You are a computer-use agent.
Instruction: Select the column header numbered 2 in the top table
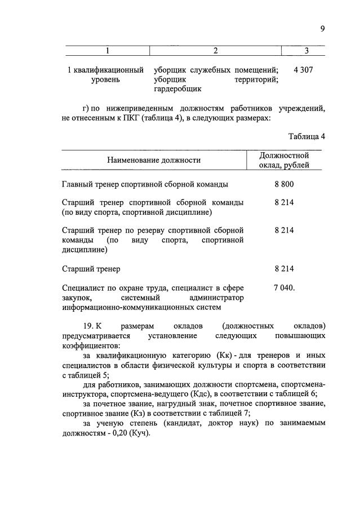coord(215,51)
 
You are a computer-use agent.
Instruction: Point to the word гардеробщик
coord(177,89)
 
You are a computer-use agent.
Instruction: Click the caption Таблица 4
coord(306,136)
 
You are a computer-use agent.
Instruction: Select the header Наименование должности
coord(154,160)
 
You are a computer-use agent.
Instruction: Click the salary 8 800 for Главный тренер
coord(284,184)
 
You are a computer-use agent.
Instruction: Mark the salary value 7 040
coord(284,287)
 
